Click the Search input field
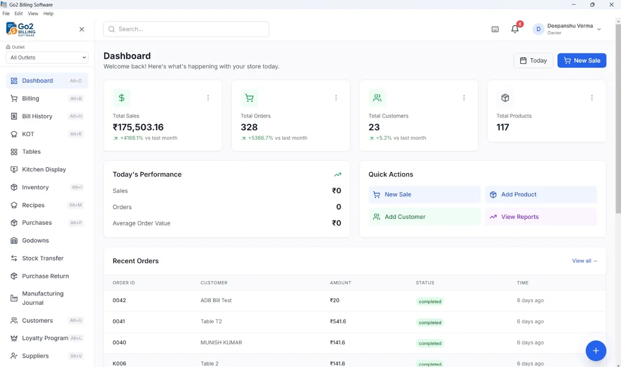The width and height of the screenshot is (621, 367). (x=186, y=29)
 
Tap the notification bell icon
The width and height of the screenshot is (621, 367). (x=515, y=29)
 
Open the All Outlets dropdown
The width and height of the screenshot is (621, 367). (x=47, y=57)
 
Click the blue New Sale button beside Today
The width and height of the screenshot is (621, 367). (x=582, y=61)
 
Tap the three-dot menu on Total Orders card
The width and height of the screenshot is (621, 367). (x=336, y=98)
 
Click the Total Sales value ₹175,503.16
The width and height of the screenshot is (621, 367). (x=138, y=127)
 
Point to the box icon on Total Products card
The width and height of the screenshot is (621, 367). (x=505, y=98)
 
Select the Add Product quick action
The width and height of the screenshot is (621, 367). (x=541, y=195)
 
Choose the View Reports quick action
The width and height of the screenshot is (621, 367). (x=541, y=217)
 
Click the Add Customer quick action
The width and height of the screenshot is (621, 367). (x=425, y=217)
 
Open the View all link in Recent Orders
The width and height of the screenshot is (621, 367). (x=585, y=261)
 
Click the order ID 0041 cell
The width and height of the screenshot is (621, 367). (x=119, y=321)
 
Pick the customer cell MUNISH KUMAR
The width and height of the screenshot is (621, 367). (x=221, y=342)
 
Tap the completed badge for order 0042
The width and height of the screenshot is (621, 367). (x=430, y=301)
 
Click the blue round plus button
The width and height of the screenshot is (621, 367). (x=596, y=350)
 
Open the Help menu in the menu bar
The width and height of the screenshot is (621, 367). (x=48, y=14)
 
